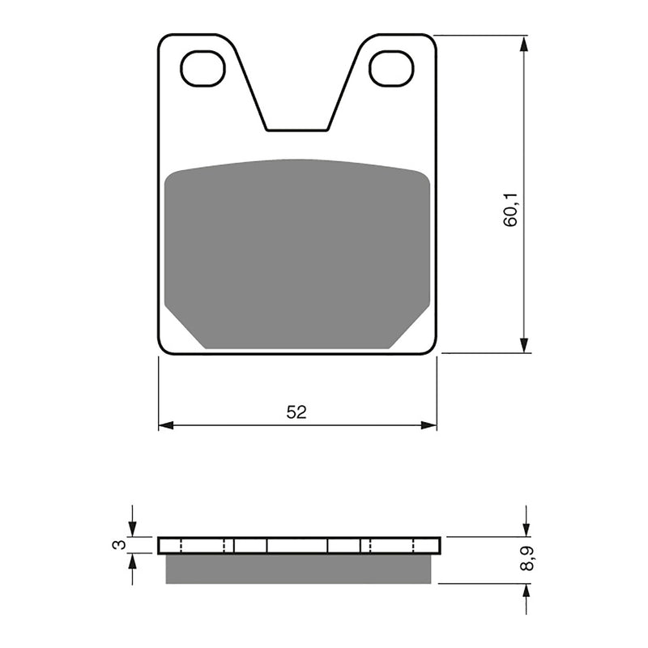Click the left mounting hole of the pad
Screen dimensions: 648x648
click(x=202, y=69)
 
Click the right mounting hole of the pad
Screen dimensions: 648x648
click(x=391, y=69)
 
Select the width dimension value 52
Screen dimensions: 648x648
click(x=296, y=412)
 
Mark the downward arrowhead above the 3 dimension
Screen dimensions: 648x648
click(x=133, y=528)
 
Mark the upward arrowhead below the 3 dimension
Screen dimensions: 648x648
click(x=133, y=561)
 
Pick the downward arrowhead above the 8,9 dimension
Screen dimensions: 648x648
click(x=526, y=528)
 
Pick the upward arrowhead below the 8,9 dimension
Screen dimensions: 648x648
click(x=526, y=591)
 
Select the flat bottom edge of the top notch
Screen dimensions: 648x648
click(x=297, y=130)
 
